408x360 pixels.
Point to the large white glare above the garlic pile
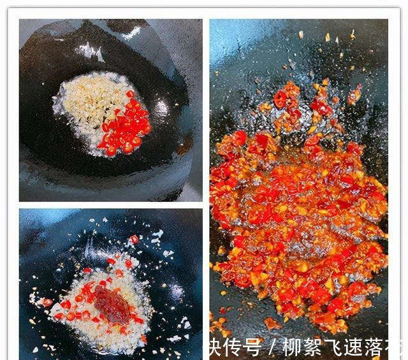pyautogui.click(x=89, y=51)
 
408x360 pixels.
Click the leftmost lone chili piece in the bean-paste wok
pyautogui.click(x=47, y=301)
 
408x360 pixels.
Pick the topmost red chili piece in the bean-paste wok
pyautogui.click(x=134, y=239)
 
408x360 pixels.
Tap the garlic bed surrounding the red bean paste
pyautogui.click(x=83, y=319)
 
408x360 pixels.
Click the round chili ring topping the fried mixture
pyautogui.click(x=280, y=99)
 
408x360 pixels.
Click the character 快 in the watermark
pyautogui.click(x=214, y=347)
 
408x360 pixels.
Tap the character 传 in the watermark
pyautogui.click(x=234, y=347)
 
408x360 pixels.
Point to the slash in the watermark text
pyautogui.click(x=272, y=348)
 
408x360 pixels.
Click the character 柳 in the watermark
pyautogui.click(x=293, y=347)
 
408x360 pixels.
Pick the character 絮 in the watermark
pyautogui.click(x=313, y=347)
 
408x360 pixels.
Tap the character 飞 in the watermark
pyautogui.click(x=333, y=347)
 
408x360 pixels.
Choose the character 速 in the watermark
pyautogui.click(x=353, y=347)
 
